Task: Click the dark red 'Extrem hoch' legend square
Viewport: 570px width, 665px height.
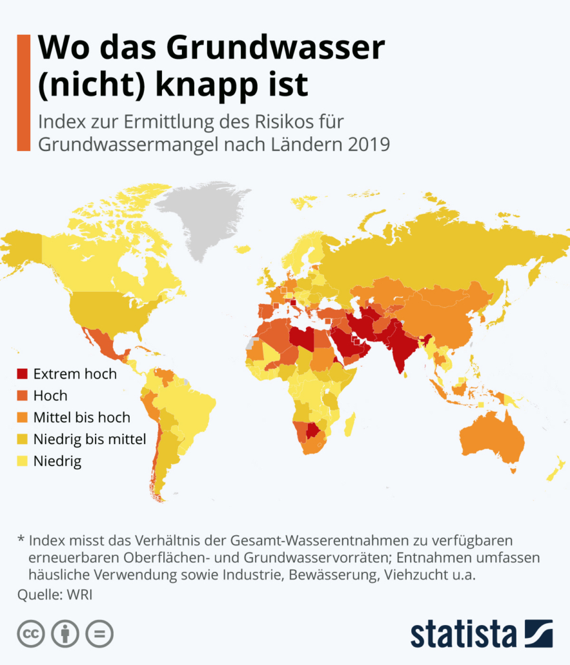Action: [x=23, y=373]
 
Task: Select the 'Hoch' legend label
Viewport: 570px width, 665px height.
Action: [x=50, y=395]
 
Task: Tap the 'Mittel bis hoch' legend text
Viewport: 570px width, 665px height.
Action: [x=81, y=417]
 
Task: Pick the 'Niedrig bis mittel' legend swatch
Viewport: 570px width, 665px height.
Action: [x=23, y=440]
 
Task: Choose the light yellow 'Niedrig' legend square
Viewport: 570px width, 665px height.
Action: [x=23, y=462]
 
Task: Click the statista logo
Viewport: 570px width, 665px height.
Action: [x=482, y=633]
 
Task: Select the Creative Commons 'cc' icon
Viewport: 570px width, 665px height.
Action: [x=30, y=634]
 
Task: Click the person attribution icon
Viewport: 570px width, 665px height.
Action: [x=65, y=634]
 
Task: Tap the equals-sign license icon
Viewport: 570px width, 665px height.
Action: [x=99, y=634]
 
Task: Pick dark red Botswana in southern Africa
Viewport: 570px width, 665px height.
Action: [x=314, y=431]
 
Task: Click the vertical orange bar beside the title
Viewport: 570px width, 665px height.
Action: [x=24, y=94]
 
